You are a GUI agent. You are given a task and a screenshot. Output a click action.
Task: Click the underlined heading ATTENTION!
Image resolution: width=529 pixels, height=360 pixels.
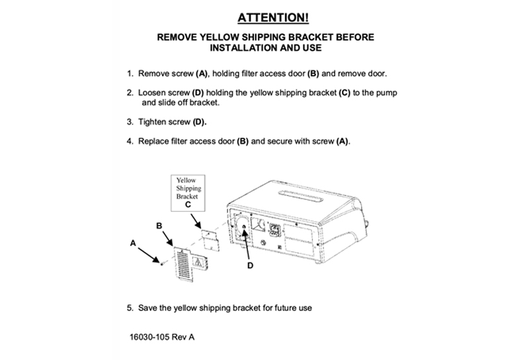(x=273, y=18)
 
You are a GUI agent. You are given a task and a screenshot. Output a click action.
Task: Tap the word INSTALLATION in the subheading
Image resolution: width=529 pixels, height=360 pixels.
(x=243, y=48)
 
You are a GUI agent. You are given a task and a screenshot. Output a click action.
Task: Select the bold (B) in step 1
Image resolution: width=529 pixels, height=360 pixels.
(x=313, y=73)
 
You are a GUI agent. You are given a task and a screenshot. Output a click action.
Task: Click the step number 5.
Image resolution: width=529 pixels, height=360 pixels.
(x=130, y=308)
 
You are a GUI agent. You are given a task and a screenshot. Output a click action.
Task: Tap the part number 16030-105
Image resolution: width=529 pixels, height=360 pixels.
(x=149, y=337)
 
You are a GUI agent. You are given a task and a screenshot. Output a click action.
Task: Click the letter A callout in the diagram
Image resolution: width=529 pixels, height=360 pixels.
(x=133, y=243)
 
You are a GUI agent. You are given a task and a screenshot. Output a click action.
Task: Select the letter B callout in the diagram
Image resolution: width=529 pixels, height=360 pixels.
(x=159, y=226)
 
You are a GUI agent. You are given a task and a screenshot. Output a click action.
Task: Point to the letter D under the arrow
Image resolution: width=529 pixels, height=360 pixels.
(x=250, y=266)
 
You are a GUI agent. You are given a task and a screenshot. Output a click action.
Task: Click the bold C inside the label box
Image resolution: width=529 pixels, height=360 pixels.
(x=188, y=204)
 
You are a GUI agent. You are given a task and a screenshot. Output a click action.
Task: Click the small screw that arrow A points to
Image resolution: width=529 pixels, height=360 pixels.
(x=161, y=263)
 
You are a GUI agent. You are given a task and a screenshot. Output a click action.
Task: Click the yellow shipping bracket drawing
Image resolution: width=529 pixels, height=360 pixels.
(x=210, y=240)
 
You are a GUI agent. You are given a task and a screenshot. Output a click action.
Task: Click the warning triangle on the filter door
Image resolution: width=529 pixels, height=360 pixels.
(x=198, y=262)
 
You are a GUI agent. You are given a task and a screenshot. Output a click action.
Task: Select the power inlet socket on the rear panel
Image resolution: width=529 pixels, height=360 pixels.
(x=274, y=230)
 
